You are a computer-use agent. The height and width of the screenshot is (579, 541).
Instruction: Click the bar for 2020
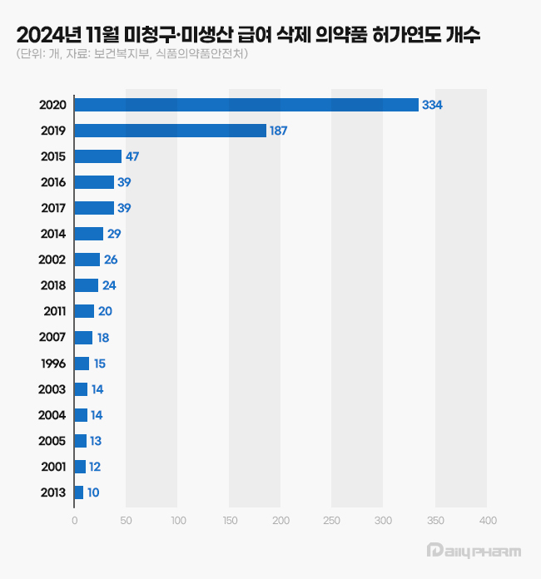pyautogui.click(x=246, y=105)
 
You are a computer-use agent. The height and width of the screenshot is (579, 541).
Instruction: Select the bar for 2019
pyautogui.click(x=170, y=131)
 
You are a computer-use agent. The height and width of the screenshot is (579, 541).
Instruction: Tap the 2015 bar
pyautogui.click(x=97, y=156)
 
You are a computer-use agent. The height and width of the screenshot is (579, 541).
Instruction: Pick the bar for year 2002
pyautogui.click(x=87, y=260)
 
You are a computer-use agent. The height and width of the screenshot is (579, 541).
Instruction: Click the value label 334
pyautogui.click(x=432, y=105)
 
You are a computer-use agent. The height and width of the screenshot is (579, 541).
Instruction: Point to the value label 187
pyautogui.click(x=279, y=131)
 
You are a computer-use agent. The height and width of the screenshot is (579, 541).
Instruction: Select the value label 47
pyautogui.click(x=133, y=156)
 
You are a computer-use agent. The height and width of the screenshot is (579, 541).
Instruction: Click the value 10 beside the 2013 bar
pyautogui.click(x=93, y=492)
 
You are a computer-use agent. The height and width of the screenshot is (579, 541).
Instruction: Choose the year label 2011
pyautogui.click(x=53, y=311)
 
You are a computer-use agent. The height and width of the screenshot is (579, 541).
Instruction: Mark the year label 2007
pyautogui.click(x=53, y=337)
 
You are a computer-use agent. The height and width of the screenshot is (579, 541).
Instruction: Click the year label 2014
pyautogui.click(x=53, y=234)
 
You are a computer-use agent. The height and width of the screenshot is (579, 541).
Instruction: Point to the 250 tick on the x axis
pyautogui.click(x=332, y=521)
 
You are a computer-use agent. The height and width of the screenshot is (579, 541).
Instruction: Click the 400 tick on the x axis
pyautogui.click(x=488, y=521)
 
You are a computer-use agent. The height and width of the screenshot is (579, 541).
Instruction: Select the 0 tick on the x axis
pyautogui.click(x=75, y=521)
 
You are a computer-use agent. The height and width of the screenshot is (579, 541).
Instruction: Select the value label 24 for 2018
pyautogui.click(x=110, y=285)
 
